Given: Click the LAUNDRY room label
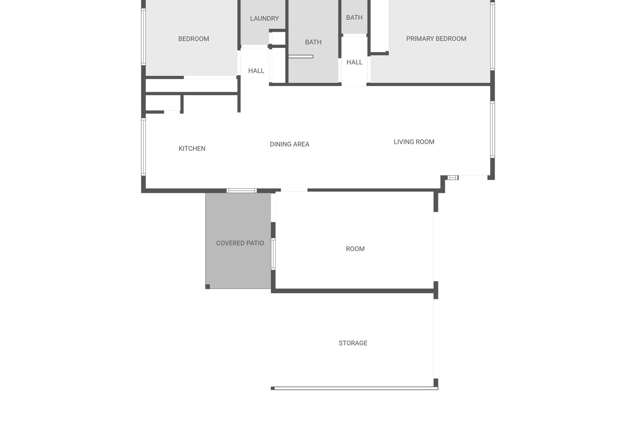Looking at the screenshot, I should point(264,18).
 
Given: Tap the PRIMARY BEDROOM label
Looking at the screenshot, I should point(436,39).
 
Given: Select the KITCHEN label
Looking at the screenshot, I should point(192,148).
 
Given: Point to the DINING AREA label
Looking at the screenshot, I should point(290,144).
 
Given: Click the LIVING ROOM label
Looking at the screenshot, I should point(414,142).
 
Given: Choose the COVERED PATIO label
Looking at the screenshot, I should point(240,243).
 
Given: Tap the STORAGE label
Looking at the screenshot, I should point(353,343).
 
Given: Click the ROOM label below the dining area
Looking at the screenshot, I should point(355,249).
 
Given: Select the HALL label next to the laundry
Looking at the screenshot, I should point(256,71).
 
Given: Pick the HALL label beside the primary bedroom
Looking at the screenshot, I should point(354,62).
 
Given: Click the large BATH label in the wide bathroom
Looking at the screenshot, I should point(313,42).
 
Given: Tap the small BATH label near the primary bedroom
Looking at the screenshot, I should point(354,17).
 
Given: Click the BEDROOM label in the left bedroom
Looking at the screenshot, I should point(193,39).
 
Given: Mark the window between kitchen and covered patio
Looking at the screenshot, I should point(241,191).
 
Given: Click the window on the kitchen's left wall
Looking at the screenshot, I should point(143,146).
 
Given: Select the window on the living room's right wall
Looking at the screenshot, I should point(492,129).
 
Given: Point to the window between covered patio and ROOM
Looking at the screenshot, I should point(273,254).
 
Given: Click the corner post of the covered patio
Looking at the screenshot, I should point(208,287).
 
